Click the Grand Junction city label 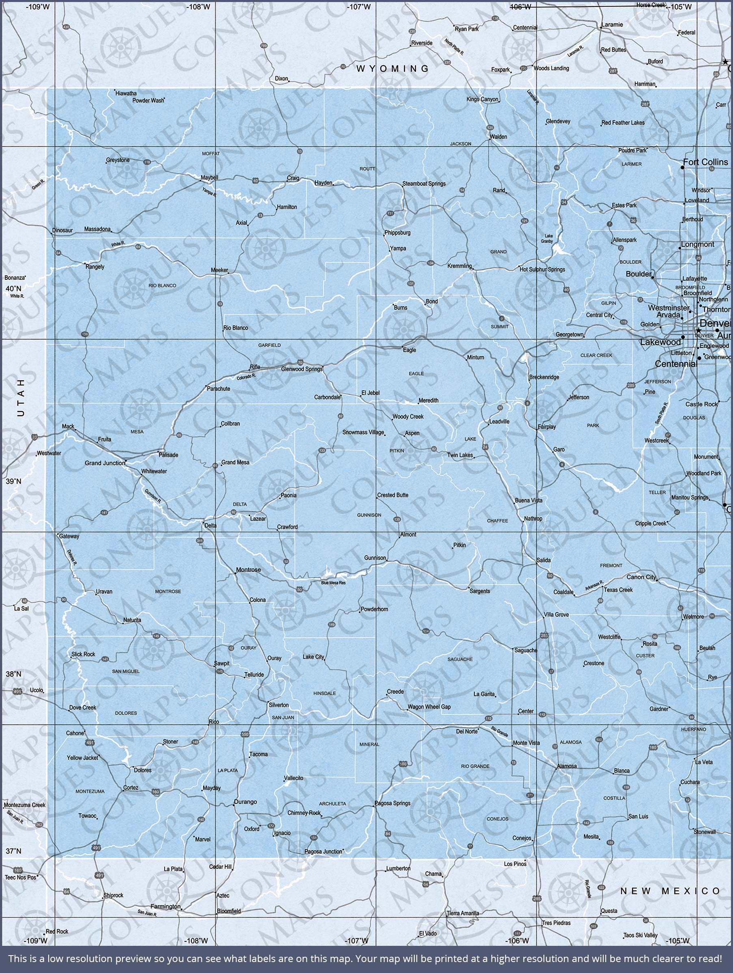105,463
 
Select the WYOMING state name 392,69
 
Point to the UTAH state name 21,398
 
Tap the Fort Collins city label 705,162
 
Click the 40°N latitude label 13,289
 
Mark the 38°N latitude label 13,674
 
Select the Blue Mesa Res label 333,583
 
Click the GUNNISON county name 369,515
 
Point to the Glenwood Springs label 302,369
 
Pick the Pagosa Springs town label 392,803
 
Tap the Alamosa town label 567,766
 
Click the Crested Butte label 392,495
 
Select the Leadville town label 499,421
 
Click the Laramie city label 612,25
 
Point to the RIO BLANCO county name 162,285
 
